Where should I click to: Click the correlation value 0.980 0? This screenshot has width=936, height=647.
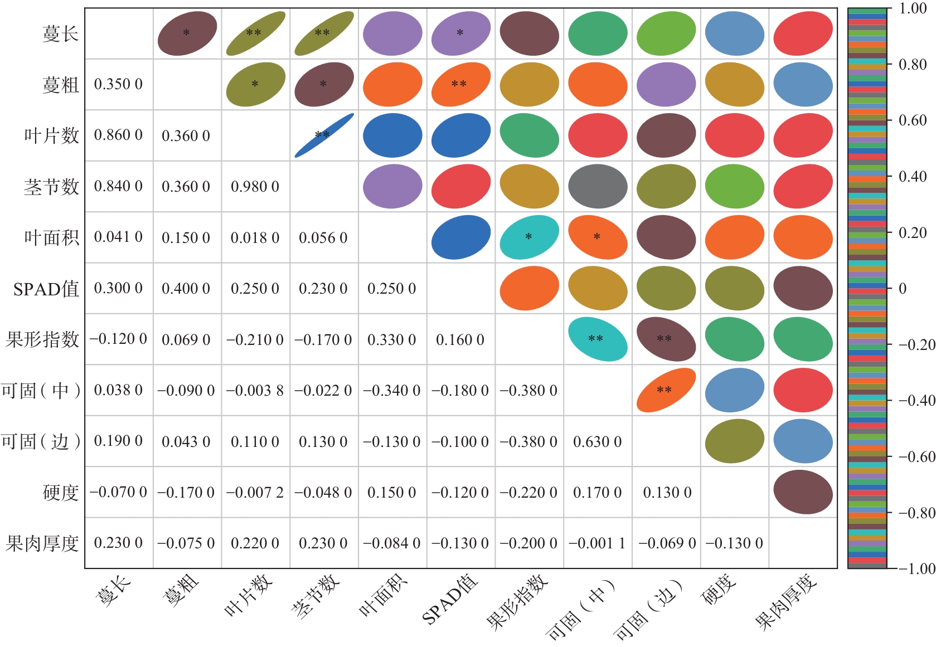pyautogui.click(x=255, y=187)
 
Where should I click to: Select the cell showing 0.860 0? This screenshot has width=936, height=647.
pyautogui.click(x=118, y=135)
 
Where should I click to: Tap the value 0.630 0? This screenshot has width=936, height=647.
pyautogui.click(x=597, y=442)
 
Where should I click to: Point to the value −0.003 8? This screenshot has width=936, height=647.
pyautogui.click(x=255, y=391)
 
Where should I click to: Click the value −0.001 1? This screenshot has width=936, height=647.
pyautogui.click(x=597, y=543)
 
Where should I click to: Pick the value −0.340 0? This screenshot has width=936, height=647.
pyautogui.click(x=392, y=391)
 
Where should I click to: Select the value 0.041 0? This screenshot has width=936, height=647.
pyautogui.click(x=118, y=237)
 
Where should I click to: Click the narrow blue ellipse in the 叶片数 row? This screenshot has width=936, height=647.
pyautogui.click(x=324, y=135)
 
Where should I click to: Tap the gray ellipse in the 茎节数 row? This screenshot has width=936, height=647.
pyautogui.click(x=598, y=187)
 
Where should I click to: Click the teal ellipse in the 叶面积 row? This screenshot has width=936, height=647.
pyautogui.click(x=529, y=237)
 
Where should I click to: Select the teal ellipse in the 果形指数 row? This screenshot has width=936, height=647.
pyautogui.click(x=598, y=339)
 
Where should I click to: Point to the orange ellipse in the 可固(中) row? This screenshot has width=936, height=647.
pyautogui.click(x=666, y=390)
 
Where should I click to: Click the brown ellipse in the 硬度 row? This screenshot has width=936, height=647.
pyautogui.click(x=803, y=492)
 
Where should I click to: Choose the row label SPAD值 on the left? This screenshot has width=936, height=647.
pyautogui.click(x=46, y=289)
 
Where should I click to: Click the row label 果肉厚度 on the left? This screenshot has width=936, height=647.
pyautogui.click(x=42, y=543)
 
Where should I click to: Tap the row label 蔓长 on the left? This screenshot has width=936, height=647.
pyautogui.click(x=60, y=34)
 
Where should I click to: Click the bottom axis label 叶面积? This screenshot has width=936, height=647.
pyautogui.click(x=384, y=595)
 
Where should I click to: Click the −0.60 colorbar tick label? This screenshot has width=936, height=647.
pyautogui.click(x=916, y=457)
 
